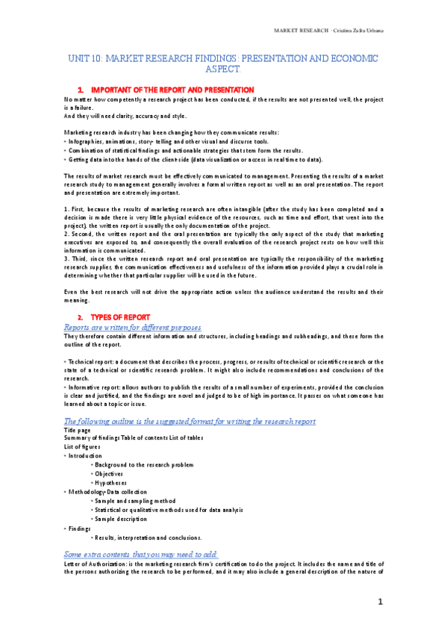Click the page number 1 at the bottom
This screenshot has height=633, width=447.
pyautogui.click(x=380, y=601)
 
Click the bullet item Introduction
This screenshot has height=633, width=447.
pyautogui.click(x=84, y=455)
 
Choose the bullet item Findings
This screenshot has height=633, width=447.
pyautogui.click(x=78, y=528)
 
